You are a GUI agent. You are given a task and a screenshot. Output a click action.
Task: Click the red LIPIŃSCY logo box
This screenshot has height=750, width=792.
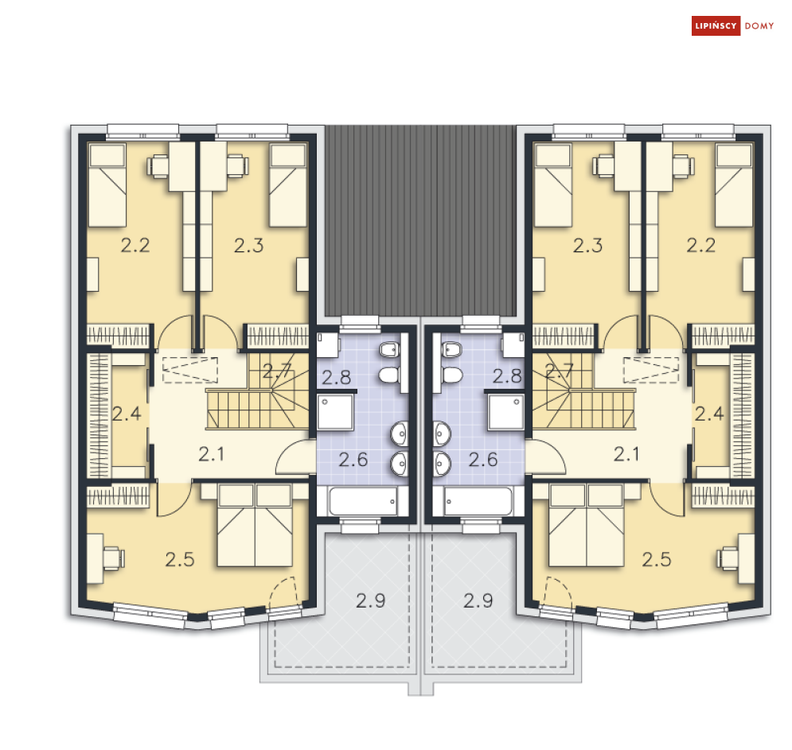[716, 25]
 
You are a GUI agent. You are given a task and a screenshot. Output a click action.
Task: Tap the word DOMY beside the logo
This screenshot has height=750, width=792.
[759, 25]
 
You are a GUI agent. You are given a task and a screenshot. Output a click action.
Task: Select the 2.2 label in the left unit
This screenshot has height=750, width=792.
[135, 245]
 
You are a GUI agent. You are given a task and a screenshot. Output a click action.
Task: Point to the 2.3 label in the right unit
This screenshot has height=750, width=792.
[587, 245]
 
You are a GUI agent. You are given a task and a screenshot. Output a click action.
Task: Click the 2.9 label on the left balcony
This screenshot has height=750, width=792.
[370, 600]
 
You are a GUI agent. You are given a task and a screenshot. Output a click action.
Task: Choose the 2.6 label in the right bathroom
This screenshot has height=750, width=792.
[483, 459]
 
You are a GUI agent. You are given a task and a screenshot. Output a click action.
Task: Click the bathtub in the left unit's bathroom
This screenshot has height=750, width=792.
[363, 501]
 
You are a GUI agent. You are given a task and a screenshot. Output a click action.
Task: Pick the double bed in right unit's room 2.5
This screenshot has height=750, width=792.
[587, 526]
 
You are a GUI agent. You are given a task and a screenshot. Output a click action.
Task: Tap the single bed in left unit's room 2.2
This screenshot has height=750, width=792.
[107, 185]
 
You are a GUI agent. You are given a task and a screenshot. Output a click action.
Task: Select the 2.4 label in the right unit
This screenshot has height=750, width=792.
[709, 414]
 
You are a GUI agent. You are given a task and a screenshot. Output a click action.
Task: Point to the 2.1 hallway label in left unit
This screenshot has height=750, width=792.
[211, 454]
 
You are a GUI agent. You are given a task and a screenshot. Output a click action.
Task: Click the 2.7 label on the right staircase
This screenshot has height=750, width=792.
[559, 371]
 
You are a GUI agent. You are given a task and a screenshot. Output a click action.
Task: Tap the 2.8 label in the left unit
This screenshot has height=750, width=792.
[337, 378]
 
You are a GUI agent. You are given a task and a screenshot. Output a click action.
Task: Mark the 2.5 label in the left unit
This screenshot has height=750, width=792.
[180, 559]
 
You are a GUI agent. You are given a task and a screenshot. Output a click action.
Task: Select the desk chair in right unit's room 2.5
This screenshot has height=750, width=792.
[727, 558]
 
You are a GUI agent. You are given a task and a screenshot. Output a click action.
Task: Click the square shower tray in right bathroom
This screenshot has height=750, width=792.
[505, 412]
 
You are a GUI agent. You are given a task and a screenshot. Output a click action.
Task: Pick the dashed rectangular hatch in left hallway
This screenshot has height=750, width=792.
[190, 370]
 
